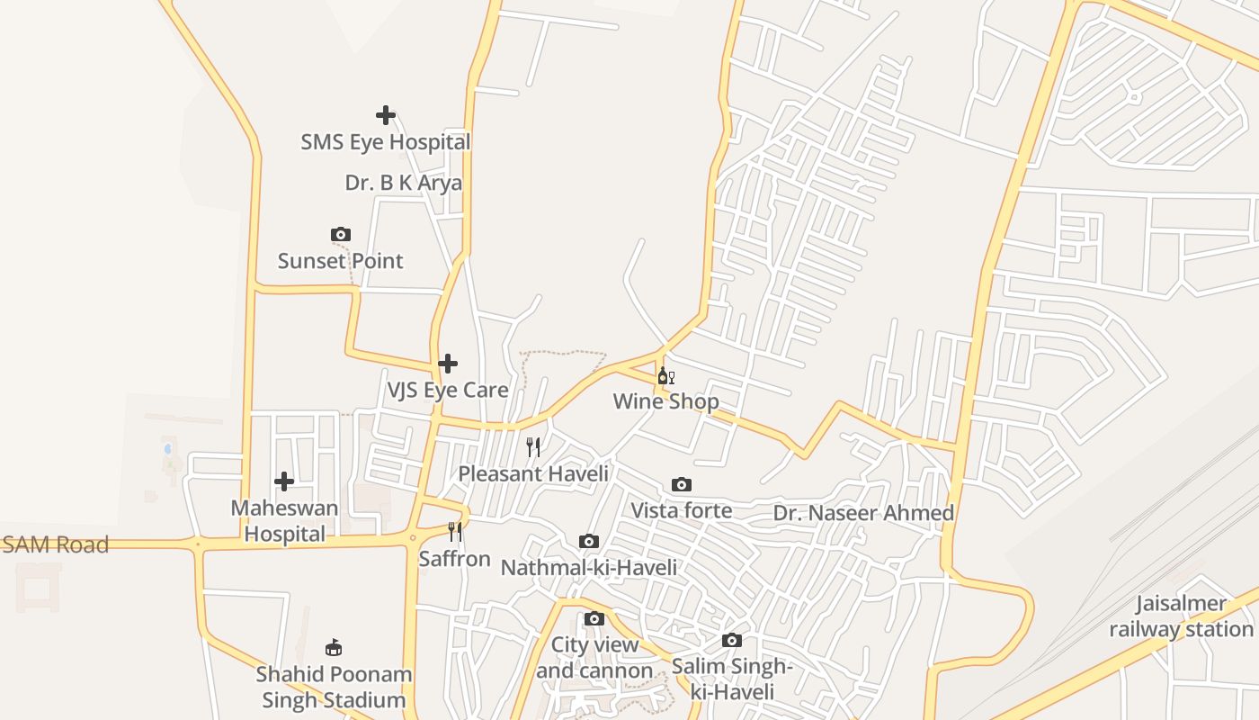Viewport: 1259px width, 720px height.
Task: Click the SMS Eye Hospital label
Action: click(385, 142)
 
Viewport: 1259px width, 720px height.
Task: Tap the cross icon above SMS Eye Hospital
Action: click(386, 115)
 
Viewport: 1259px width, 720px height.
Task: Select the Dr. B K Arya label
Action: click(403, 183)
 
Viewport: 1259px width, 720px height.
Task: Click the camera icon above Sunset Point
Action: click(340, 235)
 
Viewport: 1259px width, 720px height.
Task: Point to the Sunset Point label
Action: click(340, 261)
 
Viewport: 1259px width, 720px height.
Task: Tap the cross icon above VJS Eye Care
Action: click(448, 364)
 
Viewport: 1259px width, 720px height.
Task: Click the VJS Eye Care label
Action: click(447, 390)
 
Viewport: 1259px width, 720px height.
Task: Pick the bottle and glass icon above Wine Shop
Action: click(665, 376)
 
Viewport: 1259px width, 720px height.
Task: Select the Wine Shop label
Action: click(665, 401)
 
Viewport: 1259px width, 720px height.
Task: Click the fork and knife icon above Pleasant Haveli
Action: click(533, 447)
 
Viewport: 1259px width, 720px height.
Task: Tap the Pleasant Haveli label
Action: click(533, 473)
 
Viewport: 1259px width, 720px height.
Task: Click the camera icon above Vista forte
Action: click(682, 485)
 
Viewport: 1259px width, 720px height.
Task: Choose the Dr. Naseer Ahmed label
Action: click(863, 513)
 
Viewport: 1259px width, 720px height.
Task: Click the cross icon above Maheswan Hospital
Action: click(284, 481)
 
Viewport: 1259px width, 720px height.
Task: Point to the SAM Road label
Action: click(55, 544)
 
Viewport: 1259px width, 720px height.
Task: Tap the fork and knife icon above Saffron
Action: click(455, 532)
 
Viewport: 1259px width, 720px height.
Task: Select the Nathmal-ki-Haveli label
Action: click(588, 567)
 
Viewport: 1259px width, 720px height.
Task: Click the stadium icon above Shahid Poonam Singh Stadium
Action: click(334, 647)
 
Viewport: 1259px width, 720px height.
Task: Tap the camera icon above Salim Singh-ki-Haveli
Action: click(732, 641)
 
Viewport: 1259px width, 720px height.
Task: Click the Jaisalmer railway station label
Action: click(1181, 616)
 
